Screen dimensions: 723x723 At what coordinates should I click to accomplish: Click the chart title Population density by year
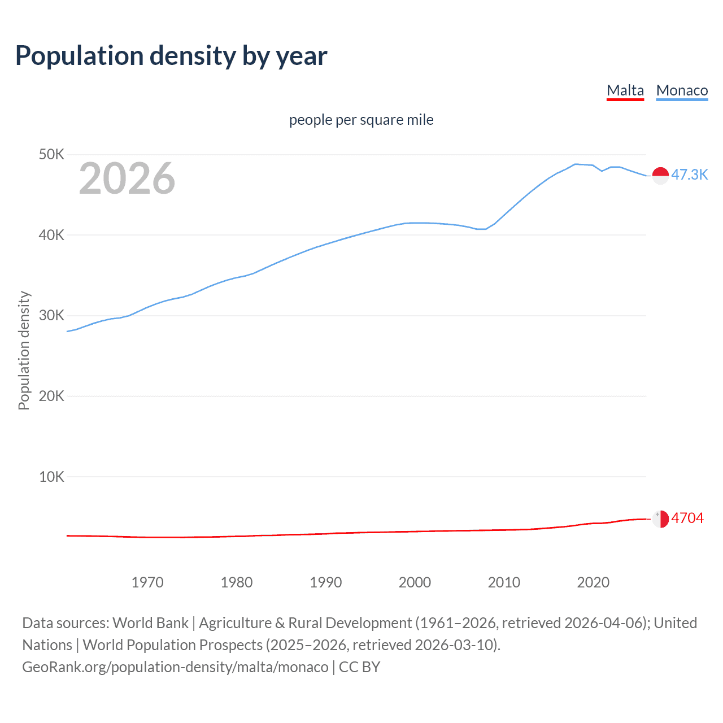(x=171, y=56)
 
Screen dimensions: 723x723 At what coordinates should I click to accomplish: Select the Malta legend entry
(x=625, y=90)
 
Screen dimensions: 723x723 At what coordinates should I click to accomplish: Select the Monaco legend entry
(x=682, y=90)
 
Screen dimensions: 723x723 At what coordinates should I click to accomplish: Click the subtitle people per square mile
(x=361, y=120)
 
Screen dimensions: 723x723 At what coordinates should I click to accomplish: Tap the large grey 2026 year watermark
(x=127, y=178)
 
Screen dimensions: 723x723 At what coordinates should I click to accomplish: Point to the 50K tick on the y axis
(x=51, y=154)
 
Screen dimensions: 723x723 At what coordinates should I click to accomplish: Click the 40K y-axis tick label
(x=51, y=235)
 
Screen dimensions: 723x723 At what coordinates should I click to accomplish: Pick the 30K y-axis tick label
(x=51, y=315)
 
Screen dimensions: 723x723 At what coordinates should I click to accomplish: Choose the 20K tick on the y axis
(x=51, y=396)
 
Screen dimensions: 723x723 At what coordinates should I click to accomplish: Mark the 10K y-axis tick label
(x=51, y=477)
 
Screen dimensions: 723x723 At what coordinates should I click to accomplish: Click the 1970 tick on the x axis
(x=147, y=582)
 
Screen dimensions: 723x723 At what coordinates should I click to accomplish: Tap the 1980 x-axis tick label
(x=237, y=582)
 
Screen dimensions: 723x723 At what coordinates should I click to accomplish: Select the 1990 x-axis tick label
(x=326, y=582)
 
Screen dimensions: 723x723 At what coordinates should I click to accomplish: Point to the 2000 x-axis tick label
(x=415, y=582)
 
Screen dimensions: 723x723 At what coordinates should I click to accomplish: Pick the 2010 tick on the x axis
(x=504, y=582)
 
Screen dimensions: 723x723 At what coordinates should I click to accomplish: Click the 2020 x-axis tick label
(x=593, y=582)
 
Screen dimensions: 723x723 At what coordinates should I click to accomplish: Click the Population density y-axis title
(x=24, y=350)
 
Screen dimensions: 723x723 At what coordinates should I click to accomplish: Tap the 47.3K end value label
(x=689, y=175)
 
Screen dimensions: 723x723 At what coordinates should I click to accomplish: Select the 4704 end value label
(x=687, y=518)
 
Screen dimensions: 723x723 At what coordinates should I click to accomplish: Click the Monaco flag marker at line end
(x=660, y=175)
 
